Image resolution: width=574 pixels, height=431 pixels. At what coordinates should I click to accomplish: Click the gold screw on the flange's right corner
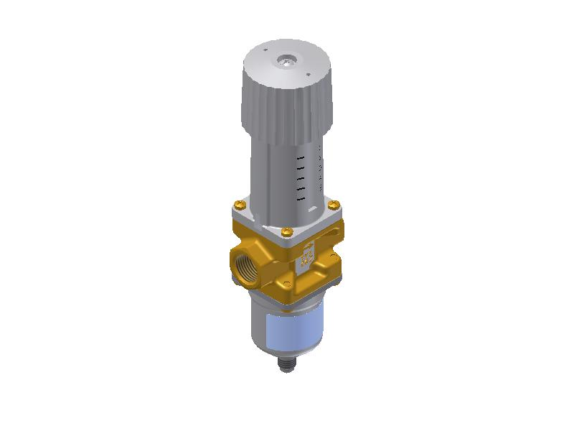(x=332, y=205)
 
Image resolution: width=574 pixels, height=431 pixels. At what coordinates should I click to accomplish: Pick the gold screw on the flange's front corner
(x=286, y=231)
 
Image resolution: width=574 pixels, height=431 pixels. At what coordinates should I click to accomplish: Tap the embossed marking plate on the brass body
(x=304, y=255)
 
